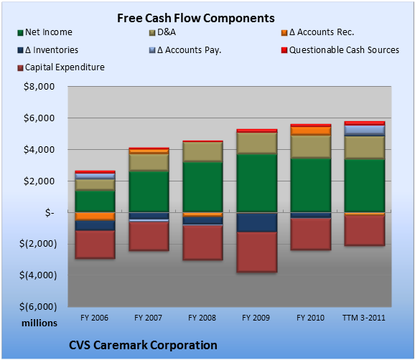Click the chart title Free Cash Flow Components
(x=196, y=18)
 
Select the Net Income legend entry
(x=45, y=32)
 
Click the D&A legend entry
(x=162, y=32)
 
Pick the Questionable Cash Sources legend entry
(x=340, y=50)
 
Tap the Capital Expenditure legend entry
(x=61, y=67)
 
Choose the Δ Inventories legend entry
(x=47, y=50)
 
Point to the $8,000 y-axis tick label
(x=39, y=87)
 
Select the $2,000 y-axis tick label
(x=39, y=181)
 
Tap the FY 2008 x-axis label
(x=202, y=318)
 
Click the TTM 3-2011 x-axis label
(x=364, y=318)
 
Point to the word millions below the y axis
(x=39, y=323)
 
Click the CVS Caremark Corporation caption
(x=143, y=345)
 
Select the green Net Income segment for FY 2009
(x=257, y=183)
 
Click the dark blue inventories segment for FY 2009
(x=257, y=222)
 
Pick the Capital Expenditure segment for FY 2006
(x=95, y=245)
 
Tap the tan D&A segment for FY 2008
(x=202, y=152)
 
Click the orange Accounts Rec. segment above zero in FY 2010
(x=311, y=131)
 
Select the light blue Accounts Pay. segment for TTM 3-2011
(x=365, y=131)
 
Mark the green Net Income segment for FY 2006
(x=95, y=202)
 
